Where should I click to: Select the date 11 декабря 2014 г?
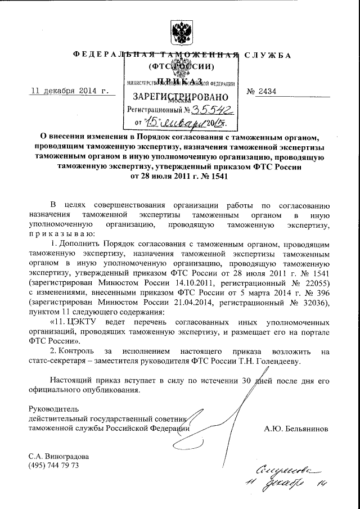(x=68, y=91)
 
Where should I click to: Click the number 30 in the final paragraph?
(x=246, y=380)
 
